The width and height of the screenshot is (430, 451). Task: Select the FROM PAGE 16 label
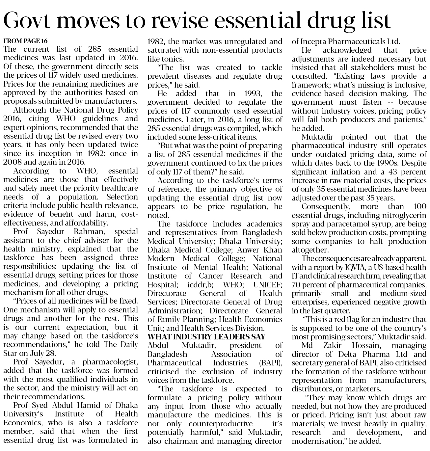pos(25,41)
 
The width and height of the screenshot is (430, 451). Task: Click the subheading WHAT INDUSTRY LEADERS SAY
pos(206,337)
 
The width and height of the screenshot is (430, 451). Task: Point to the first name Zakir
pos(333,345)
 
